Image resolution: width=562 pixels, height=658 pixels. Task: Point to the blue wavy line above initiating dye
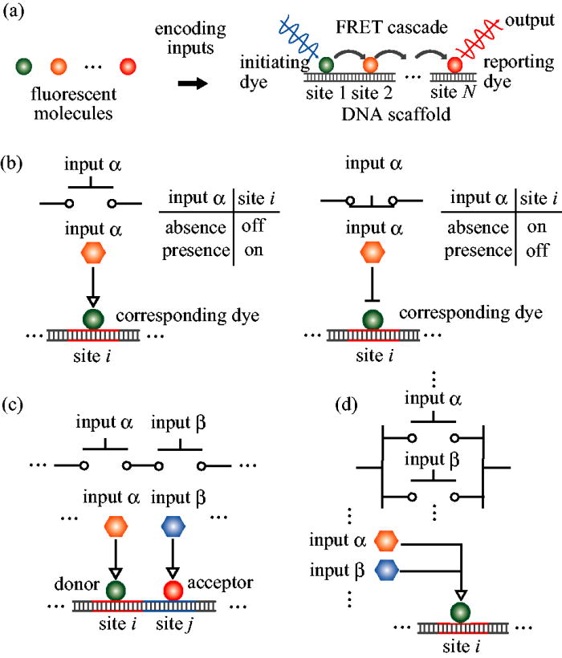point(300,36)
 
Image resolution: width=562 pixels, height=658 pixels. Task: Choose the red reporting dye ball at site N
point(454,64)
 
